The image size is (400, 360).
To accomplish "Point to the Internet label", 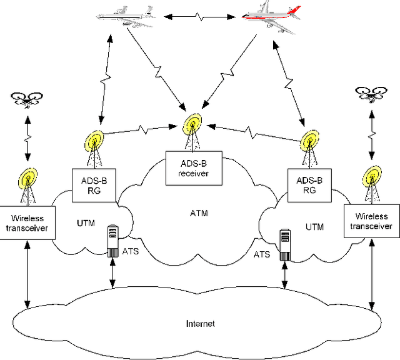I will [200, 323].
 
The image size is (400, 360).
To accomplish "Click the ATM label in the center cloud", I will [198, 214].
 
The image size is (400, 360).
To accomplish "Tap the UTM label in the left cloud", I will [85, 223].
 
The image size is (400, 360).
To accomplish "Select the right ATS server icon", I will [286, 243].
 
